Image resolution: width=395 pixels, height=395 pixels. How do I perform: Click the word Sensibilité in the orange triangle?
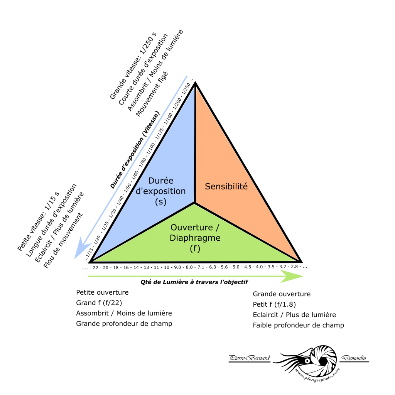(226, 186)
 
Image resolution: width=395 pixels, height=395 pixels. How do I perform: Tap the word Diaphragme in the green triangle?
(195, 238)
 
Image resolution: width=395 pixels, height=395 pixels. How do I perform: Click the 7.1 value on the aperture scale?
(201, 267)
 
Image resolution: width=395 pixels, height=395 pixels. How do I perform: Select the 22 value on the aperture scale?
(96, 268)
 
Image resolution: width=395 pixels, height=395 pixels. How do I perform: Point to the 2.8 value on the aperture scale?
(294, 267)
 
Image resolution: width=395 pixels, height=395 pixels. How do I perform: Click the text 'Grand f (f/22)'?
(99, 303)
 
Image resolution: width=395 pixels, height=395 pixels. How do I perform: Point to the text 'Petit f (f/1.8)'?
(274, 305)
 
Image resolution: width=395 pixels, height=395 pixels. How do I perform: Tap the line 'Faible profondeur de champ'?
(299, 325)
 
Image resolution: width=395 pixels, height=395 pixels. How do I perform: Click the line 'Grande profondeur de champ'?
(124, 324)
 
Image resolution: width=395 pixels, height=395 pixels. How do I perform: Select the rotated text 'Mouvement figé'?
(152, 94)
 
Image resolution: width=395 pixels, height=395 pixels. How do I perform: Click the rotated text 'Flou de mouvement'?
(63, 241)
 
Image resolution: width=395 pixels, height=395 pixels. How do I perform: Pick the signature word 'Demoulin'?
(354, 358)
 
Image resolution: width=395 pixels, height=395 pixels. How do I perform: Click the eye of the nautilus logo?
(307, 361)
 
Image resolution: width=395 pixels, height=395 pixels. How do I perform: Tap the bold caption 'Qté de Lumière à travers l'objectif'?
(194, 282)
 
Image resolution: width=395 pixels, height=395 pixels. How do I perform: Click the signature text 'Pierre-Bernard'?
(250, 358)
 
